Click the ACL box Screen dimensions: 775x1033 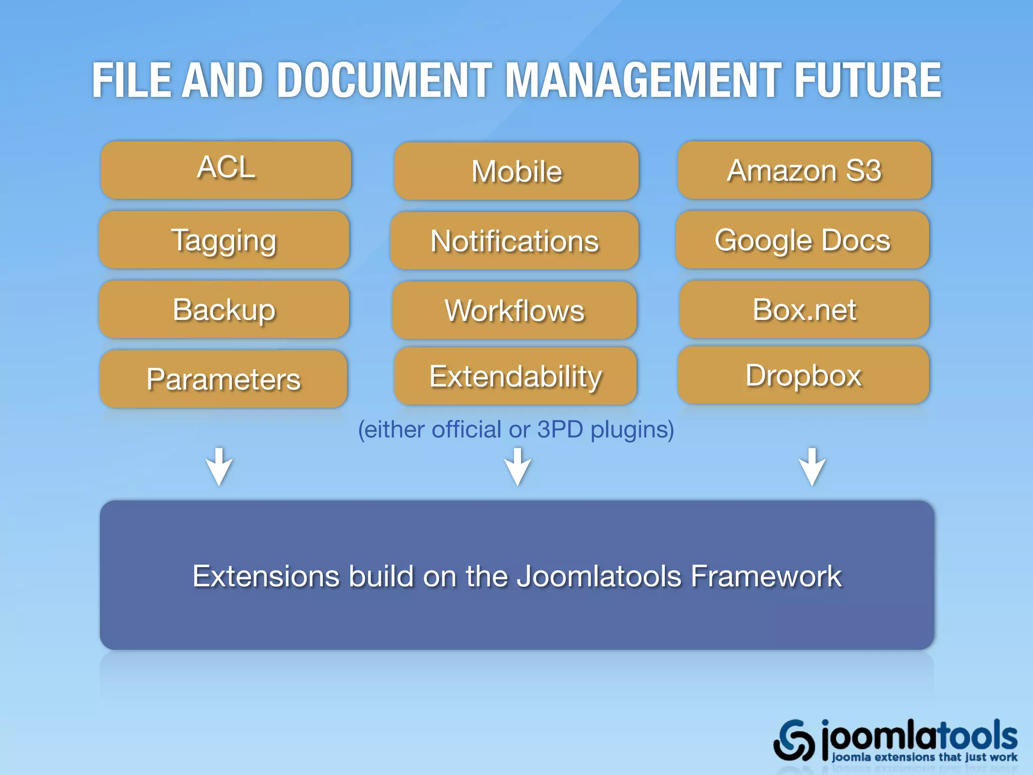[225, 170]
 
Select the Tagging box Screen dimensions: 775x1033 [224, 240]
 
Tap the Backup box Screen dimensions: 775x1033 [224, 309]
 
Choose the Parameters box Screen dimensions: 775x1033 [223, 379]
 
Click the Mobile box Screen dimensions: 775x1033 [516, 171]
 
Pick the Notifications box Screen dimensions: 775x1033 [514, 241]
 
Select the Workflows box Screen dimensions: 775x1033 [514, 310]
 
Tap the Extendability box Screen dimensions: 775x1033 [515, 376]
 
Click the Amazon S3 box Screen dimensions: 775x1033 [804, 170]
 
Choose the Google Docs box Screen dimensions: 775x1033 [802, 240]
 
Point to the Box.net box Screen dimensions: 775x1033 [804, 309]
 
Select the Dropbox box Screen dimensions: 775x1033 [803, 375]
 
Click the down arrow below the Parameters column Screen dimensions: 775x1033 [219, 467]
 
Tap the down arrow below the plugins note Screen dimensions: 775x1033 [518, 467]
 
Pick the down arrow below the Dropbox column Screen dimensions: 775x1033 [812, 467]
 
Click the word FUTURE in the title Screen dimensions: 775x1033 [868, 80]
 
